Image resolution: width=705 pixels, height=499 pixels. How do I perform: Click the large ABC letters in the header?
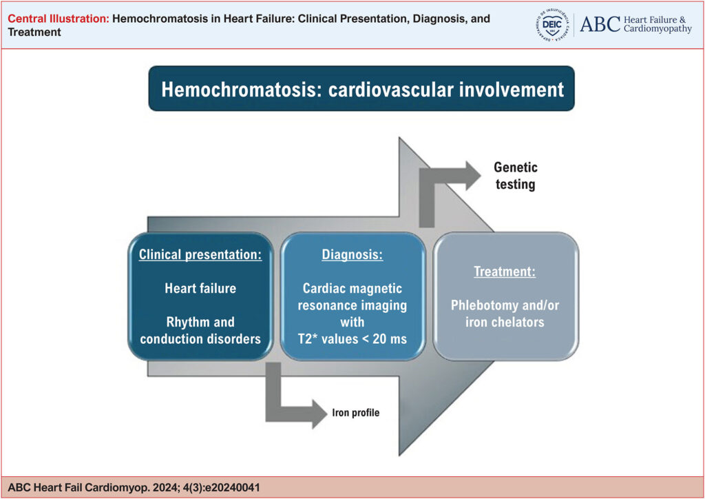point(599,24)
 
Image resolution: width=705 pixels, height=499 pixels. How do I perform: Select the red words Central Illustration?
point(58,19)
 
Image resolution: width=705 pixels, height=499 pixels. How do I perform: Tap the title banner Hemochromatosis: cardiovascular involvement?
point(362,89)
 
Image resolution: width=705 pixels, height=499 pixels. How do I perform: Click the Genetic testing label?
point(516,176)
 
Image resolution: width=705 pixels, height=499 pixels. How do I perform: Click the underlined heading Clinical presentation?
point(200,254)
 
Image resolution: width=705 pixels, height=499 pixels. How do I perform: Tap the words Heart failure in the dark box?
point(200,288)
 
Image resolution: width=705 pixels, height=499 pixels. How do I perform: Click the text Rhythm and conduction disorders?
point(200,329)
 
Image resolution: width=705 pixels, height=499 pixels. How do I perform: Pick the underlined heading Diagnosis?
point(352,254)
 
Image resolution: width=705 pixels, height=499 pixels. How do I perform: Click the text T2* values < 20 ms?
point(352,338)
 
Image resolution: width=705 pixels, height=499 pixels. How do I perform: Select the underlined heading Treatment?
point(505,272)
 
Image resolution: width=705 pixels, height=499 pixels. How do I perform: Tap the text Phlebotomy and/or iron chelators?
point(505,314)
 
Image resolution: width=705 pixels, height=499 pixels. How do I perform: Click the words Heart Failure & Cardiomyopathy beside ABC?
point(657,24)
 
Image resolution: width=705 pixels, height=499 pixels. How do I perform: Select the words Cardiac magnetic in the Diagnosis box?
point(352,288)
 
